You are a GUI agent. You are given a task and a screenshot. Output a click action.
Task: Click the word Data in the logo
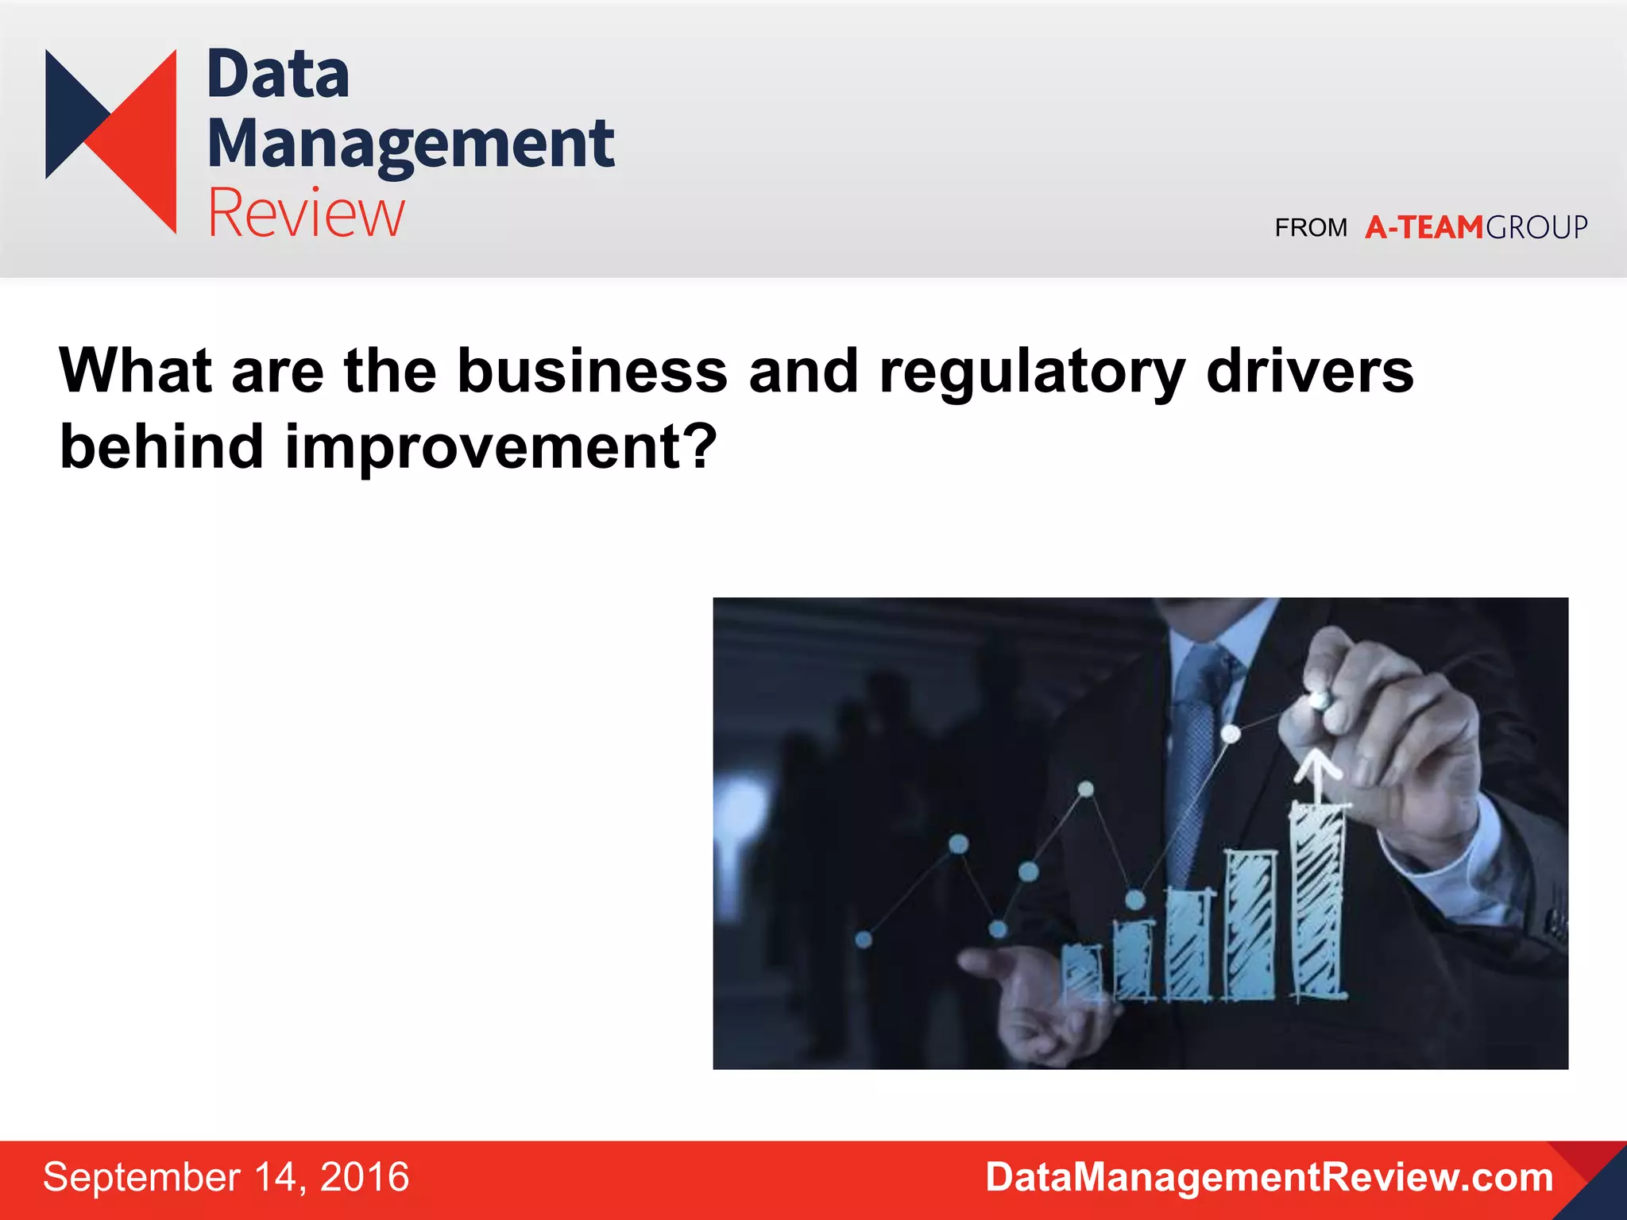click(278, 75)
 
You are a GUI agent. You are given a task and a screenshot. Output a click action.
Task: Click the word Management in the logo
click(411, 144)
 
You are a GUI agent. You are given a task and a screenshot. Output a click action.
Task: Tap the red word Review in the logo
click(307, 213)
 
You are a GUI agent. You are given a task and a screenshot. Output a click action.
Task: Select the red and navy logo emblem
click(111, 141)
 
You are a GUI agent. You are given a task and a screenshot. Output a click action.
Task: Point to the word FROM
click(1311, 228)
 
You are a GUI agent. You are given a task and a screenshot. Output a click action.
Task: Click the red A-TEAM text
click(1424, 228)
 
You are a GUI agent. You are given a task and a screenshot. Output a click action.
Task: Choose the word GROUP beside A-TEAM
click(1536, 228)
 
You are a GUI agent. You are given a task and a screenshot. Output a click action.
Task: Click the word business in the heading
click(592, 371)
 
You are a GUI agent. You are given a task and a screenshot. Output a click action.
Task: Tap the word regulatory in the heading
click(1032, 371)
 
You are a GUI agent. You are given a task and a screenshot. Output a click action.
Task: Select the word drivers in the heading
click(1309, 371)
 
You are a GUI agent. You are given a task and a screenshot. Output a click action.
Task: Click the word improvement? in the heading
click(501, 447)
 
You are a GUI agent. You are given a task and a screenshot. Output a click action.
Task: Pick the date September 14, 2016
click(226, 1177)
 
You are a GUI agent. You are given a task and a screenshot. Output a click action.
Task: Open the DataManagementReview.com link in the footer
click(1269, 1177)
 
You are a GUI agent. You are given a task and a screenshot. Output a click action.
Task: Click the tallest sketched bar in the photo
click(1318, 901)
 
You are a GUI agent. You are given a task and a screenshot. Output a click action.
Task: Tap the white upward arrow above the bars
click(1317, 774)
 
